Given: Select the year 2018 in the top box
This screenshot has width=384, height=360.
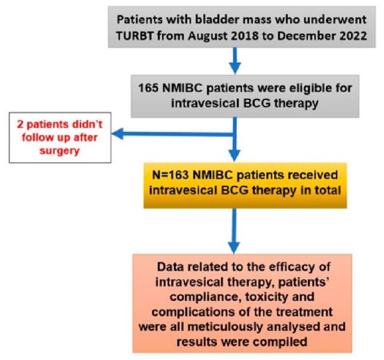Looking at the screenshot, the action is (244, 36).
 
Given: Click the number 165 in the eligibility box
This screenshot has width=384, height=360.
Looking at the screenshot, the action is (148, 88).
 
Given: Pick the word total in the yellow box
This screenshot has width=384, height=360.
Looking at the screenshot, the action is (328, 190).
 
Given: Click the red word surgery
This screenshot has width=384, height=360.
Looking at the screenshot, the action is (60, 151).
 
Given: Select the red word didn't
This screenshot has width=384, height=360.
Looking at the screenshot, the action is (87, 124).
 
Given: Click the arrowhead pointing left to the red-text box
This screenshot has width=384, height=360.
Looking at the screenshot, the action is (118, 134).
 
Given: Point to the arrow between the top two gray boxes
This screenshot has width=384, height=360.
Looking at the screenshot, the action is (235, 60).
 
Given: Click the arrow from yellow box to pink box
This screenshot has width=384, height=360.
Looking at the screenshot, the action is (234, 231).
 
